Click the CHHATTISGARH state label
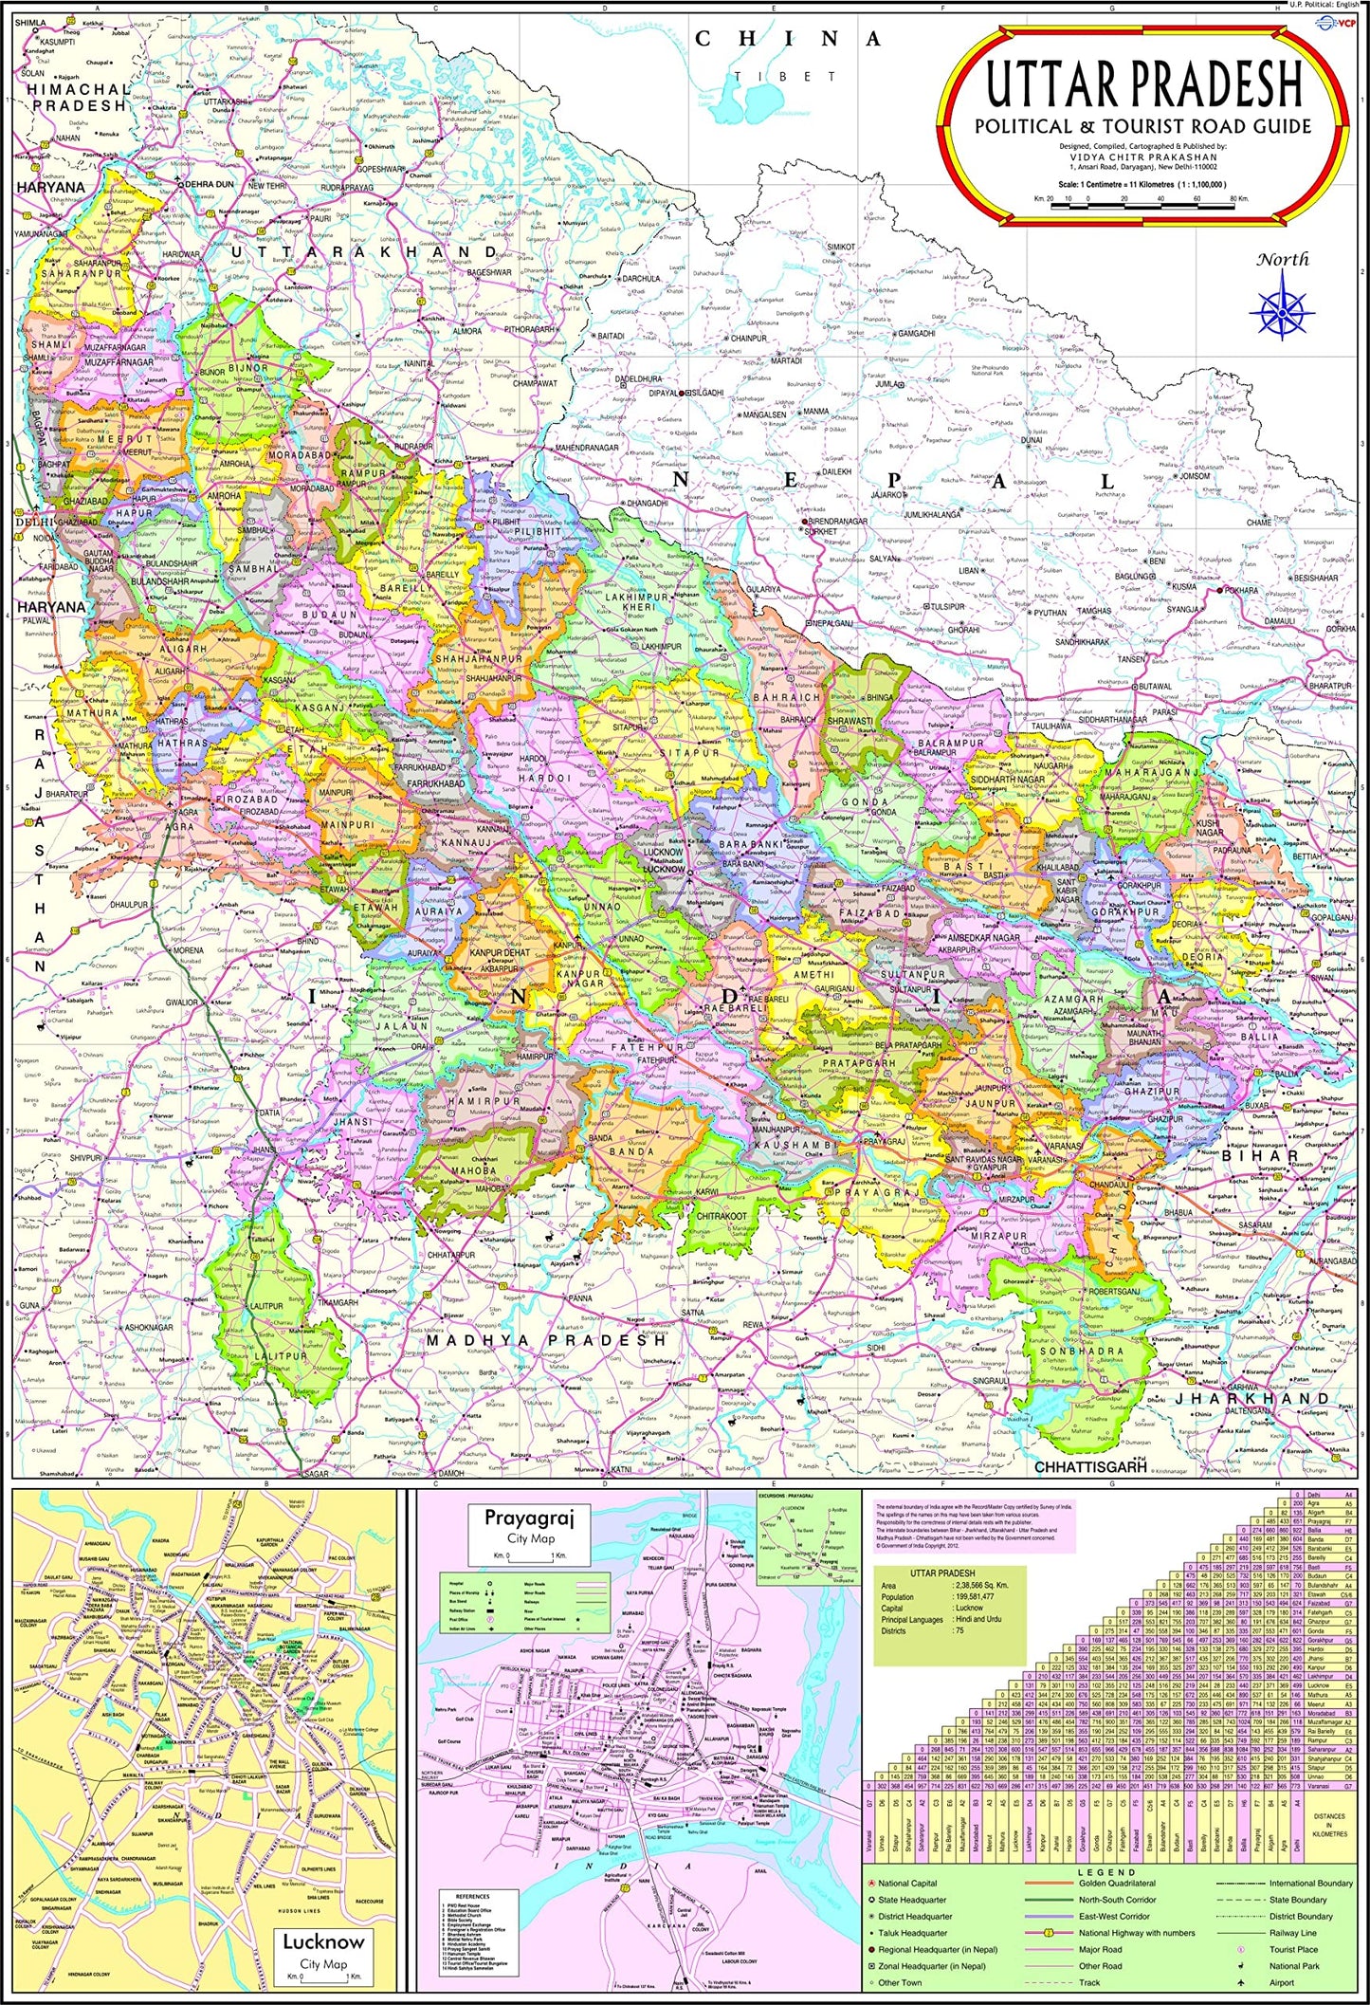1089,1466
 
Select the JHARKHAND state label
1252,1399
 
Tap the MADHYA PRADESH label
545,1340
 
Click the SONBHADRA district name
1082,1351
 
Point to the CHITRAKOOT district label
722,1216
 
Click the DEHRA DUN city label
210,184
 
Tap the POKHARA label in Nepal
1241,590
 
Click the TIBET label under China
788,76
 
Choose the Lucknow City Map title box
323,1950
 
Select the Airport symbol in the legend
1240,1983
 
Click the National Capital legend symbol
870,1884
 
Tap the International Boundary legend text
1311,1884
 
